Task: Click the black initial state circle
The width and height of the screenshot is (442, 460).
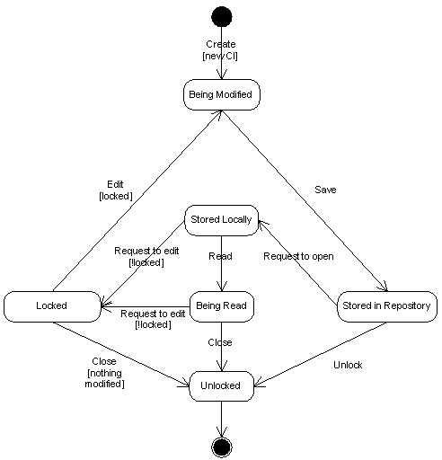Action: [222, 16]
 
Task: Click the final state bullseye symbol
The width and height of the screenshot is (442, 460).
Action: [222, 447]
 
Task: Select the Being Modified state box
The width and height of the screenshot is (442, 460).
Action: [222, 94]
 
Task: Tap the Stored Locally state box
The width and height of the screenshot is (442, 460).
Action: [221, 220]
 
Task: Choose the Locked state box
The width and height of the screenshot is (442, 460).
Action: [52, 306]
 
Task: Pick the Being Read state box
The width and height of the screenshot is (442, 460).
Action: [222, 306]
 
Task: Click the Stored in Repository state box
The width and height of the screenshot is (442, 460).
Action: [387, 306]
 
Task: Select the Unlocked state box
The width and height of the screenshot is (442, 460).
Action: [221, 386]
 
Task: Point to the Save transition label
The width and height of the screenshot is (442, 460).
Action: [325, 190]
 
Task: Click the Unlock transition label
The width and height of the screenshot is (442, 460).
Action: [348, 365]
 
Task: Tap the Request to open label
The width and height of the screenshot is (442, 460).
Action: [298, 256]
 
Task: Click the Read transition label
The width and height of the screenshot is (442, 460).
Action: [220, 256]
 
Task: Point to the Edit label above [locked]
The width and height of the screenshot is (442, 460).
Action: [115, 184]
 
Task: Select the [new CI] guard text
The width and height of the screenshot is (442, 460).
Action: [220, 56]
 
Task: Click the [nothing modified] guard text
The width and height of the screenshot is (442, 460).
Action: [104, 378]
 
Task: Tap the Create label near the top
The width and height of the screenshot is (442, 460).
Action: [221, 44]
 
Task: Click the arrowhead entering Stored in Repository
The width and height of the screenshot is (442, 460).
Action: [384, 287]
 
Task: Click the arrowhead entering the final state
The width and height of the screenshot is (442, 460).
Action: [222, 432]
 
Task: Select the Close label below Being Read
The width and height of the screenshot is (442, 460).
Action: [220, 342]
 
